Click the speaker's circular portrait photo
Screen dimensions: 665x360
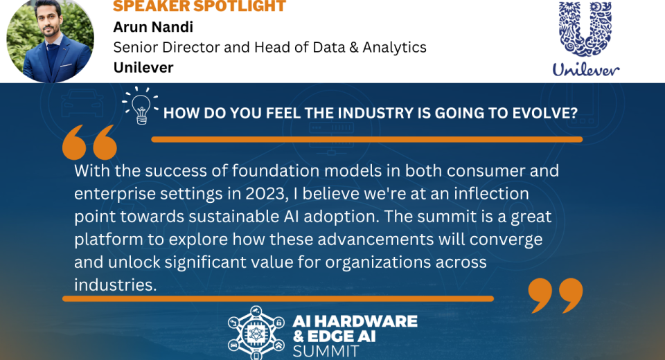50,40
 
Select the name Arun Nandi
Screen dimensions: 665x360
153,27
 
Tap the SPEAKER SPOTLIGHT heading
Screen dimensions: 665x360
199,6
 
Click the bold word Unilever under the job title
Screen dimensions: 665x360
143,67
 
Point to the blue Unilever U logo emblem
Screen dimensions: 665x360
585,29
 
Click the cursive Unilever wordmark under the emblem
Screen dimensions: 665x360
586,69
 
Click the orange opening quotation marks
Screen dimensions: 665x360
89,142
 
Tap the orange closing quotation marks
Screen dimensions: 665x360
556,296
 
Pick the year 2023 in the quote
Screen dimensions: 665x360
265,194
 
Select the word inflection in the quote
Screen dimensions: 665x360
491,194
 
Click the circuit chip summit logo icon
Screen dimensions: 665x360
256,333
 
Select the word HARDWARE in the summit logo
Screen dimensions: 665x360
366,321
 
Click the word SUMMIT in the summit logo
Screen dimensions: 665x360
326,352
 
